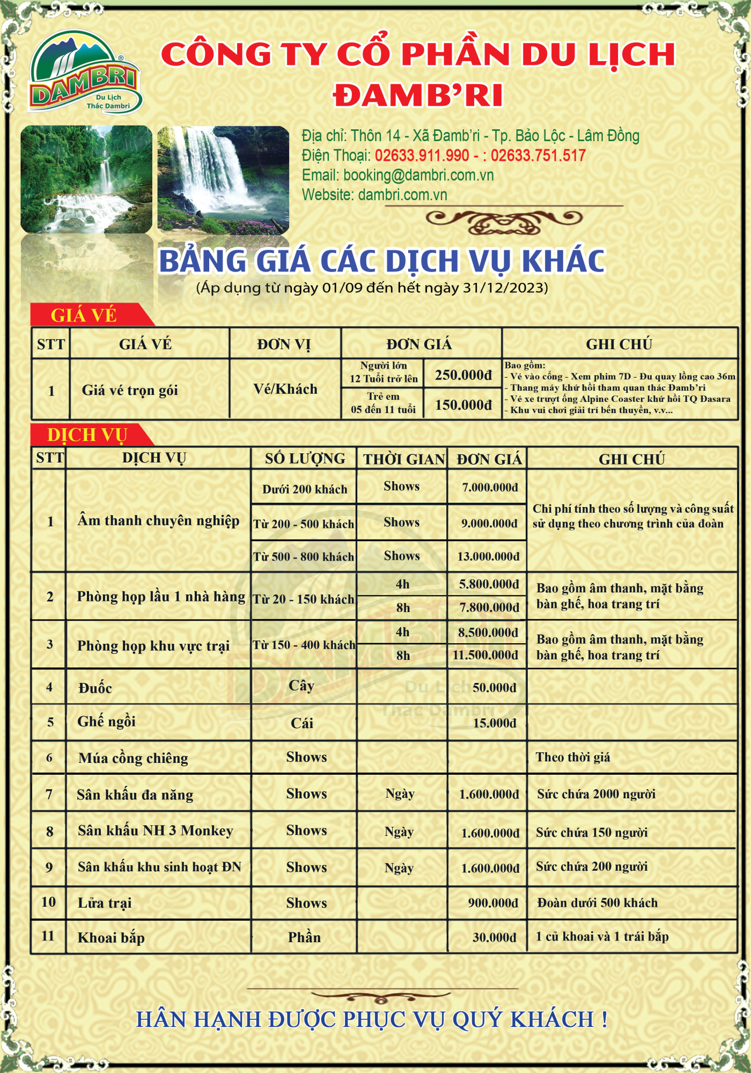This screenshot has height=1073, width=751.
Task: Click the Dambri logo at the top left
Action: pyautogui.click(x=85, y=72)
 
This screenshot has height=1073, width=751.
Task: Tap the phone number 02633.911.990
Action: pyautogui.click(x=422, y=156)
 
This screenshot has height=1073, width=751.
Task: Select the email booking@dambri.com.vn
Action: pyautogui.click(x=397, y=175)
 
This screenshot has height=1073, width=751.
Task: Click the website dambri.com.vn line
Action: pyautogui.click(x=374, y=195)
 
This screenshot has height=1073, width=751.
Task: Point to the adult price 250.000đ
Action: pyautogui.click(x=463, y=375)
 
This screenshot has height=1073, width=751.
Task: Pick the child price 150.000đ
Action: pyautogui.click(x=463, y=405)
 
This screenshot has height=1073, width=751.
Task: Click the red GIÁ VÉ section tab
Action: pyautogui.click(x=84, y=315)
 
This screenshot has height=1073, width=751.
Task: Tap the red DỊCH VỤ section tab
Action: pyautogui.click(x=87, y=435)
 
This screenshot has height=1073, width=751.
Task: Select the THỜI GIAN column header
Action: pyautogui.click(x=403, y=459)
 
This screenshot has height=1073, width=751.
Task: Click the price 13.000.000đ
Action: pyautogui.click(x=488, y=556)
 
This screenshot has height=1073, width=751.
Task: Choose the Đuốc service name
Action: pyautogui.click(x=95, y=688)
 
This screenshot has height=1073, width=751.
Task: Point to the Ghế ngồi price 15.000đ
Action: pyautogui.click(x=494, y=723)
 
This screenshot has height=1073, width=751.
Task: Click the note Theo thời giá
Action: pyautogui.click(x=572, y=757)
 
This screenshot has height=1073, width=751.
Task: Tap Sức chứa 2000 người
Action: pyautogui.click(x=596, y=794)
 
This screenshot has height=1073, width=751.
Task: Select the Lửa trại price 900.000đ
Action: pyautogui.click(x=492, y=903)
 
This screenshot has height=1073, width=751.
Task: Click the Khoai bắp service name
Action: pyautogui.click(x=111, y=937)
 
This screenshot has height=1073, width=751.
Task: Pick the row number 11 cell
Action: pyautogui.click(x=48, y=936)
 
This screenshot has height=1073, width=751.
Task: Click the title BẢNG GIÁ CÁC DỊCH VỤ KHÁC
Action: pyautogui.click(x=382, y=261)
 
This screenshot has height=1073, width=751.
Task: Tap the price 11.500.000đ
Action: pyautogui.click(x=485, y=655)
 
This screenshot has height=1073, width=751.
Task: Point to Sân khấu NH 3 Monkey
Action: pyautogui.click(x=155, y=831)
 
